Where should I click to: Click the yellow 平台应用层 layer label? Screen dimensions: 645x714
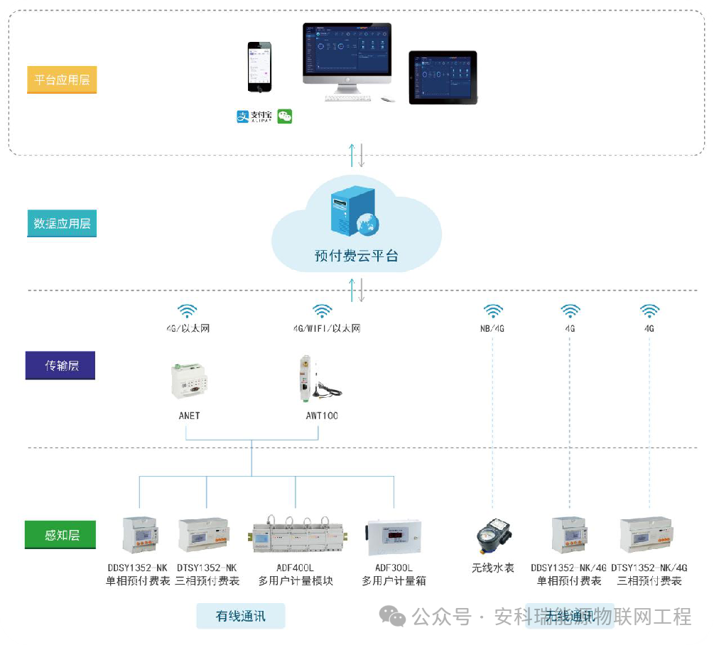pyautogui.click(x=62, y=80)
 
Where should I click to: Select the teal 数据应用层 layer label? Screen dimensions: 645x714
pyautogui.click(x=62, y=224)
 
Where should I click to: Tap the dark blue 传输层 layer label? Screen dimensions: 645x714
pyautogui.click(x=61, y=366)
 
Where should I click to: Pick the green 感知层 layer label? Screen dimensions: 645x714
pyautogui.click(x=61, y=535)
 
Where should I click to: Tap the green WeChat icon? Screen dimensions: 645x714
pyautogui.click(x=285, y=116)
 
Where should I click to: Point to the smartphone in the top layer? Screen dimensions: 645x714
pyautogui.click(x=259, y=67)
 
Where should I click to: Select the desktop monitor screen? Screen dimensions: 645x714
pyautogui.click(x=347, y=50)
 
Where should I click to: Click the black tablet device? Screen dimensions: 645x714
pyautogui.click(x=443, y=77)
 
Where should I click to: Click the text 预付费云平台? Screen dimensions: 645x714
pyautogui.click(x=357, y=256)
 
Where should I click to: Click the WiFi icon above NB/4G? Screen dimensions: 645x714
pyautogui.click(x=493, y=311)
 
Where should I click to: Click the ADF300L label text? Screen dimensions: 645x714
pyautogui.click(x=394, y=568)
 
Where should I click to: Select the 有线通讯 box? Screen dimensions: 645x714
pyautogui.click(x=240, y=616)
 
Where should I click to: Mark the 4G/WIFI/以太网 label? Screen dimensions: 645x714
pyautogui.click(x=327, y=329)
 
